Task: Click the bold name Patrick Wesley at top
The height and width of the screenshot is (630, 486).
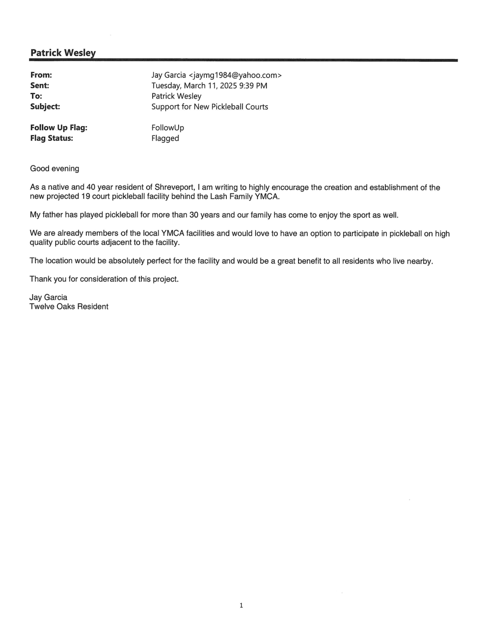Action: coord(63,53)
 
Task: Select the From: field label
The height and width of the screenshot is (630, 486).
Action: coord(41,75)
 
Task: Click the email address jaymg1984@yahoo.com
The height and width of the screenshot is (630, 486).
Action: coord(235,75)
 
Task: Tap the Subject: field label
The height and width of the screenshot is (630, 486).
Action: coord(45,107)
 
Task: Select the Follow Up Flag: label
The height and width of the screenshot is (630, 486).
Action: coord(59,128)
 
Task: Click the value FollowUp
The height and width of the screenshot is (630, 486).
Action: coord(168,128)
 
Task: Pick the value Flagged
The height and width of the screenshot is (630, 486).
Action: coord(165,138)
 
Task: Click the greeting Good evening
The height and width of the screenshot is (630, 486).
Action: coord(55,168)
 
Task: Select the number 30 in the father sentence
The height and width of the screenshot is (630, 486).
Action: coord(194,215)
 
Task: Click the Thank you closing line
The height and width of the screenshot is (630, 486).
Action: coord(104,279)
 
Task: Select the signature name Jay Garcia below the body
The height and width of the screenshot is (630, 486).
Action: coord(48,297)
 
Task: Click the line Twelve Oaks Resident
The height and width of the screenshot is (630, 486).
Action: coord(69,307)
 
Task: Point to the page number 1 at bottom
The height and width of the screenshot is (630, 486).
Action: coord(241,606)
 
